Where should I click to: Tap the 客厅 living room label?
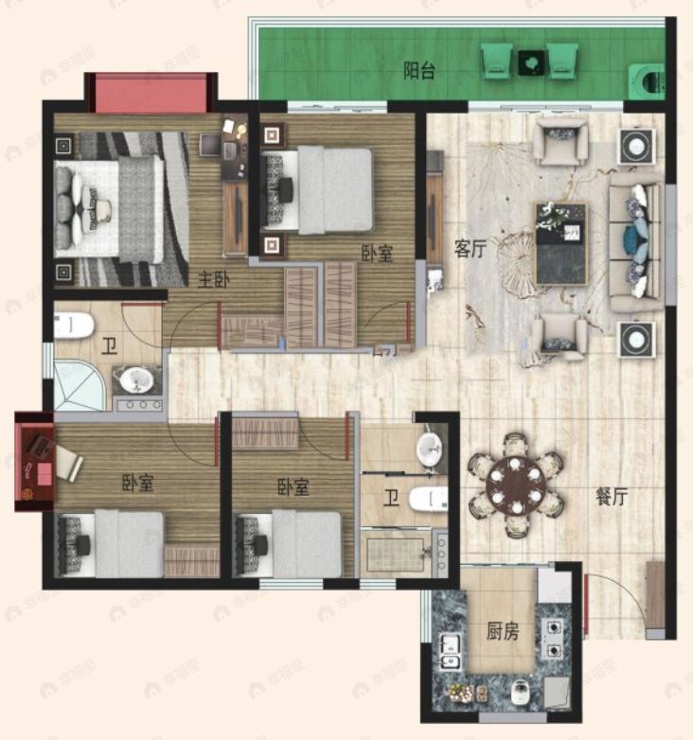point(470,249)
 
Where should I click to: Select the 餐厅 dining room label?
point(612,496)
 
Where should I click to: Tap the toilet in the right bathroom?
point(426,498)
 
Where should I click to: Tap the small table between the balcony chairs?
point(530,61)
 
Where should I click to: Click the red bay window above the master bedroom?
point(150,93)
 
